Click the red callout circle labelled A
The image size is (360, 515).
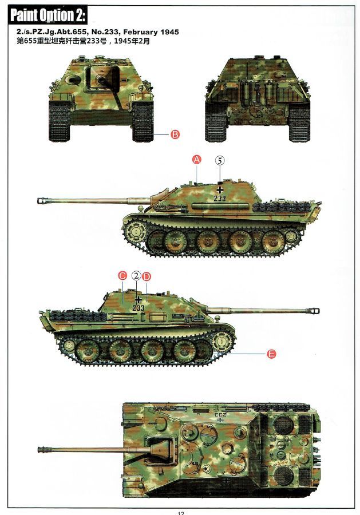point(196,160)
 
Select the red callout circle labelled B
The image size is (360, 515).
point(175,134)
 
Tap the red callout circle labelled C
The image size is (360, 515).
point(122,276)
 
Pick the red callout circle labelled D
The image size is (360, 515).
point(147,276)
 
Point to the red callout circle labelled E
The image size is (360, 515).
point(271,354)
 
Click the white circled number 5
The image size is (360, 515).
point(220,160)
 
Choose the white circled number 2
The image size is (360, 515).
point(137,276)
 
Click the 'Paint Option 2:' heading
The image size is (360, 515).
point(48,15)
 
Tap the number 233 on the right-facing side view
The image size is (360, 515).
point(139,308)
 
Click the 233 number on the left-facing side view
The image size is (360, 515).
point(220,198)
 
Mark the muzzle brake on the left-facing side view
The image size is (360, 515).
point(43,200)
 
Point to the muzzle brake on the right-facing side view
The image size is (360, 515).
point(314,310)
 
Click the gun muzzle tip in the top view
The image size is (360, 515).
point(38,450)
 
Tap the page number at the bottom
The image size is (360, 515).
point(181,513)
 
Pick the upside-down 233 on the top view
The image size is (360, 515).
point(221,414)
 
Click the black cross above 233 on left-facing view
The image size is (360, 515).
point(220,189)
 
